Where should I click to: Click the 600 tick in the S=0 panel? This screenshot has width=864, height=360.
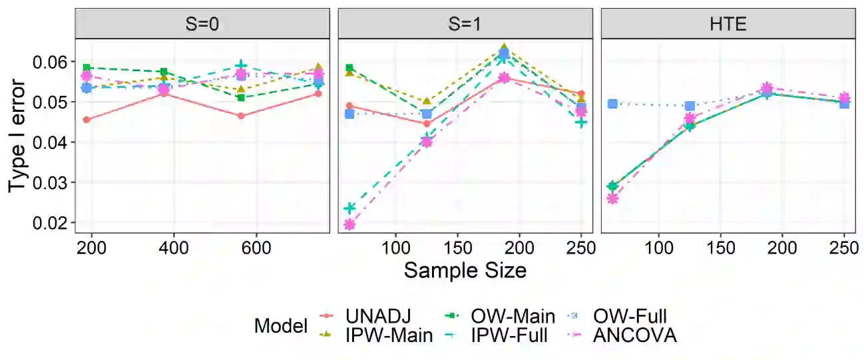[256, 248]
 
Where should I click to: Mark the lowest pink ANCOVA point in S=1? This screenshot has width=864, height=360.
[349, 225]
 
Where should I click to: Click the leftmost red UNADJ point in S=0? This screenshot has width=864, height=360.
[87, 120]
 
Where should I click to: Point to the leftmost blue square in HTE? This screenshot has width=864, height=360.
[612, 104]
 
